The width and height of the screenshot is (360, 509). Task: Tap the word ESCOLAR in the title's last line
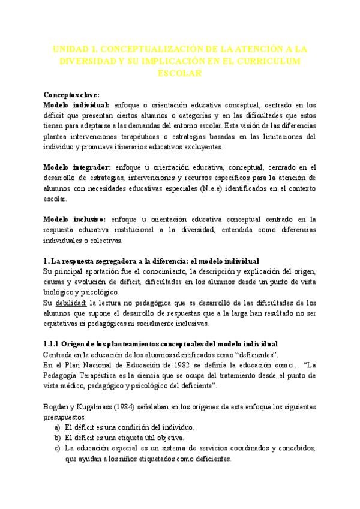click(x=179, y=73)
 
